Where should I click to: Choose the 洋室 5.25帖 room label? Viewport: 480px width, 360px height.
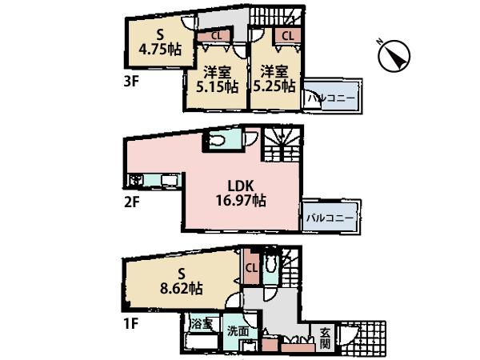273,78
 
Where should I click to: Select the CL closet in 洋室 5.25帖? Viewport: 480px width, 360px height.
286,36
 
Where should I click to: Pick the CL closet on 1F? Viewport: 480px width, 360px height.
250,267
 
